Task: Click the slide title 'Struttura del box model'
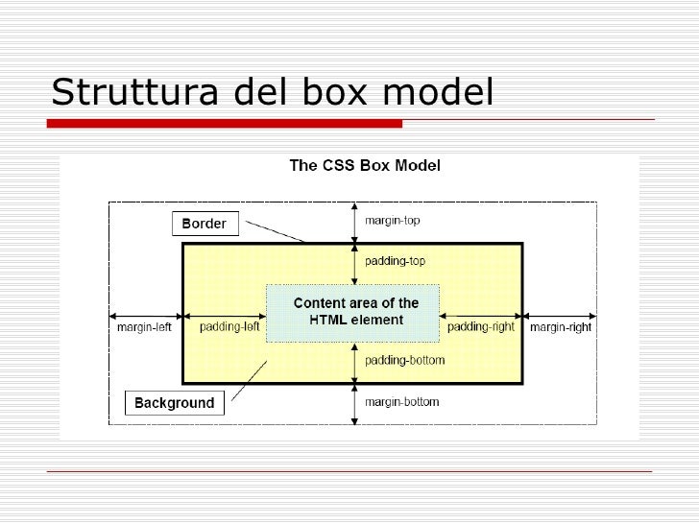click(272, 92)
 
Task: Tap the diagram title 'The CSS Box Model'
click(365, 165)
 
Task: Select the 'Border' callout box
click(204, 224)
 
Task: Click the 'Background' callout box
click(175, 403)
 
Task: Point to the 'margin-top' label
click(392, 220)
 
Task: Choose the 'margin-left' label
click(145, 327)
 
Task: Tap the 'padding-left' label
click(229, 327)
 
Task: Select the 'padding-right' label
click(481, 327)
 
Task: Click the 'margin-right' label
click(561, 327)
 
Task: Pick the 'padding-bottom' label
click(404, 362)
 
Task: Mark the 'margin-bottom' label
click(401, 402)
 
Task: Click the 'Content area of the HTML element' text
click(355, 312)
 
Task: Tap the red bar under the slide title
click(225, 123)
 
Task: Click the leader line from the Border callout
click(275, 231)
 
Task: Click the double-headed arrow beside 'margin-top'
click(355, 223)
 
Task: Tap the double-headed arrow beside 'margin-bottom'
click(355, 403)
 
